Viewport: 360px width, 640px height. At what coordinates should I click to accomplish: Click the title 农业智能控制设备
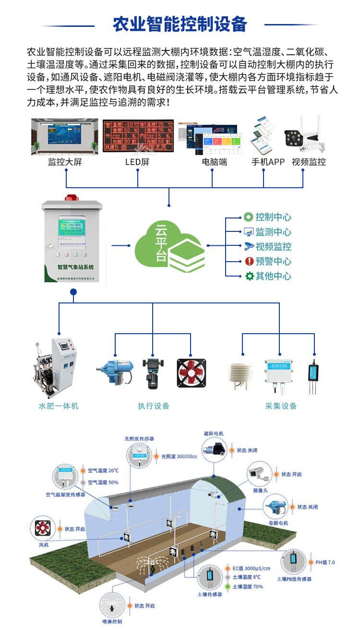180,24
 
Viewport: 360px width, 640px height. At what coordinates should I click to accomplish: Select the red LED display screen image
137,136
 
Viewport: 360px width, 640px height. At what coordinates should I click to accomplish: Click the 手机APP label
268,162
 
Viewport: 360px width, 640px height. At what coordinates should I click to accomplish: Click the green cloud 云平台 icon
169,245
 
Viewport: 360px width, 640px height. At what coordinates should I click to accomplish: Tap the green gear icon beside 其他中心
249,276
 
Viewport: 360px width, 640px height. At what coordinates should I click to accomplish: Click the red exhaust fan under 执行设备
191,373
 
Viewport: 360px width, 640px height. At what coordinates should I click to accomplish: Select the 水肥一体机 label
58,406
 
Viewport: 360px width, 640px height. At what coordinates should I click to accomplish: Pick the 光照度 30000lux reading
179,456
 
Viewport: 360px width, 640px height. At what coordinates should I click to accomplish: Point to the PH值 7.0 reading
324,562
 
